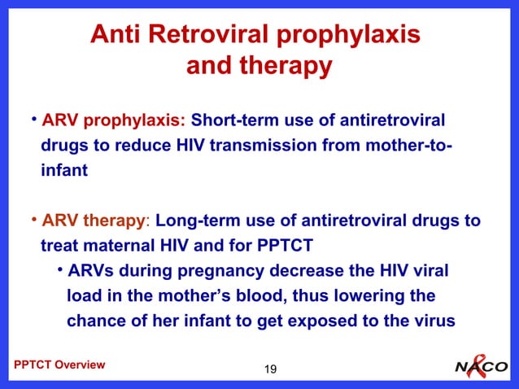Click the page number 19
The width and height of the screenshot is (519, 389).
[270, 371]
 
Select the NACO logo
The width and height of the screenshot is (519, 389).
[481, 367]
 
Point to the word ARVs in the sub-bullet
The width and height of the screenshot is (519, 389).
[89, 271]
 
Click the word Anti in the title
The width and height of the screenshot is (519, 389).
[113, 35]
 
